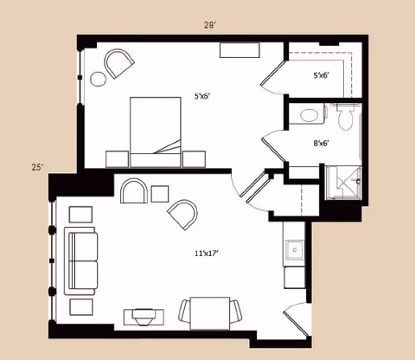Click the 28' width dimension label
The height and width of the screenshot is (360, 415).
click(x=210, y=25)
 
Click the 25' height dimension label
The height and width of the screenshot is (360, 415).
click(x=37, y=167)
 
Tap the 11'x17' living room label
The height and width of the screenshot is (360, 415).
click(x=207, y=254)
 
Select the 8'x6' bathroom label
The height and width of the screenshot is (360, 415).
click(x=322, y=143)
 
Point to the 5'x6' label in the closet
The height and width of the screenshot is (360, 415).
click(x=322, y=75)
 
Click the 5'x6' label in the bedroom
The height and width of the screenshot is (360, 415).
click(x=201, y=96)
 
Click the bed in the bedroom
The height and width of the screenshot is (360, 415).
click(x=156, y=132)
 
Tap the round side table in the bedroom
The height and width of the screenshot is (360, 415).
click(x=99, y=79)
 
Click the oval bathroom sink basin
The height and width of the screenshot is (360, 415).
click(x=309, y=115)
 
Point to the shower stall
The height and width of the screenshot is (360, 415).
click(x=343, y=183)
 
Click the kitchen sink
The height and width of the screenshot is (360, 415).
click(x=295, y=250)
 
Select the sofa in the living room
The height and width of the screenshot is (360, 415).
click(x=81, y=261)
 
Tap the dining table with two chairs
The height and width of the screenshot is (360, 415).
click(x=210, y=313)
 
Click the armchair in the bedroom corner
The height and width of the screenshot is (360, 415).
click(x=118, y=63)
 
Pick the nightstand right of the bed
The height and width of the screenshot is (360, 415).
click(x=195, y=159)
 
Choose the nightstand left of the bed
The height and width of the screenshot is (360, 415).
click(x=117, y=159)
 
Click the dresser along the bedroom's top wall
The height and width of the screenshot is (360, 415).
click(x=239, y=50)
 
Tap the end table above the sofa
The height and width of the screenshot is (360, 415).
click(x=81, y=215)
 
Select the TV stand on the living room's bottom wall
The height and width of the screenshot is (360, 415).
click(x=144, y=318)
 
